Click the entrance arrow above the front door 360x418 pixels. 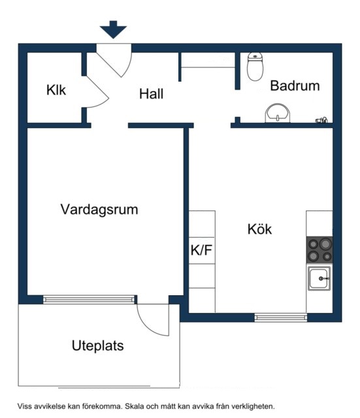click(x=113, y=29)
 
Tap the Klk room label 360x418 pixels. click(x=56, y=90)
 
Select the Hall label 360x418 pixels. click(x=151, y=94)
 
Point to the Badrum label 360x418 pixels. click(x=295, y=86)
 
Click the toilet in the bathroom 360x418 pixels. click(x=255, y=67)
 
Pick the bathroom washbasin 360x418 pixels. click(x=277, y=113)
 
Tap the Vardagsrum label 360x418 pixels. click(x=99, y=210)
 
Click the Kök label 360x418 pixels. click(x=259, y=229)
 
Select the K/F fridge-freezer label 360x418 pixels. click(x=201, y=250)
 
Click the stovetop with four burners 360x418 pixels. click(x=319, y=250)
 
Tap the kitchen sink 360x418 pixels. click(x=319, y=278)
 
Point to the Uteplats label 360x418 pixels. click(x=97, y=346)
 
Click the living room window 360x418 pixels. click(x=89, y=300)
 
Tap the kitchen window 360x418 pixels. click(x=280, y=317)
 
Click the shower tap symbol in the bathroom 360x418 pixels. click(x=321, y=120)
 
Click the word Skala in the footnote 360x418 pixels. click(x=135, y=406)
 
